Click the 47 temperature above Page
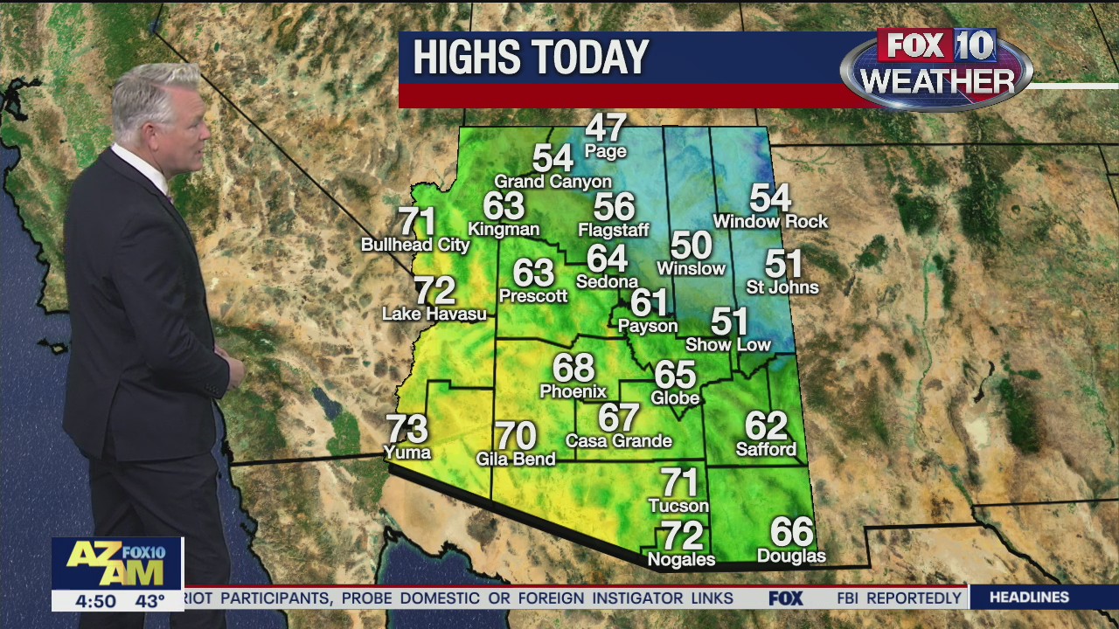point(606,128)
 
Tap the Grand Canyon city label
point(553,182)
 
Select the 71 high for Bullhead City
point(417,222)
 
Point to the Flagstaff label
point(614,231)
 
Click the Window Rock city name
point(770,222)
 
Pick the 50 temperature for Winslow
point(692,245)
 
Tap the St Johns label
point(782,287)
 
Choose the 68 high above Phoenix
point(573,368)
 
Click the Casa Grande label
point(619,441)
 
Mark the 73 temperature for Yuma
point(407,429)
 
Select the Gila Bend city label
point(516,459)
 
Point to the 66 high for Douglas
point(791,532)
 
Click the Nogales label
point(681,560)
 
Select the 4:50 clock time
point(95,601)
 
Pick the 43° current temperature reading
point(149,601)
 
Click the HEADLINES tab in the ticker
point(1029,598)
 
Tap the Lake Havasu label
point(434,314)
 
